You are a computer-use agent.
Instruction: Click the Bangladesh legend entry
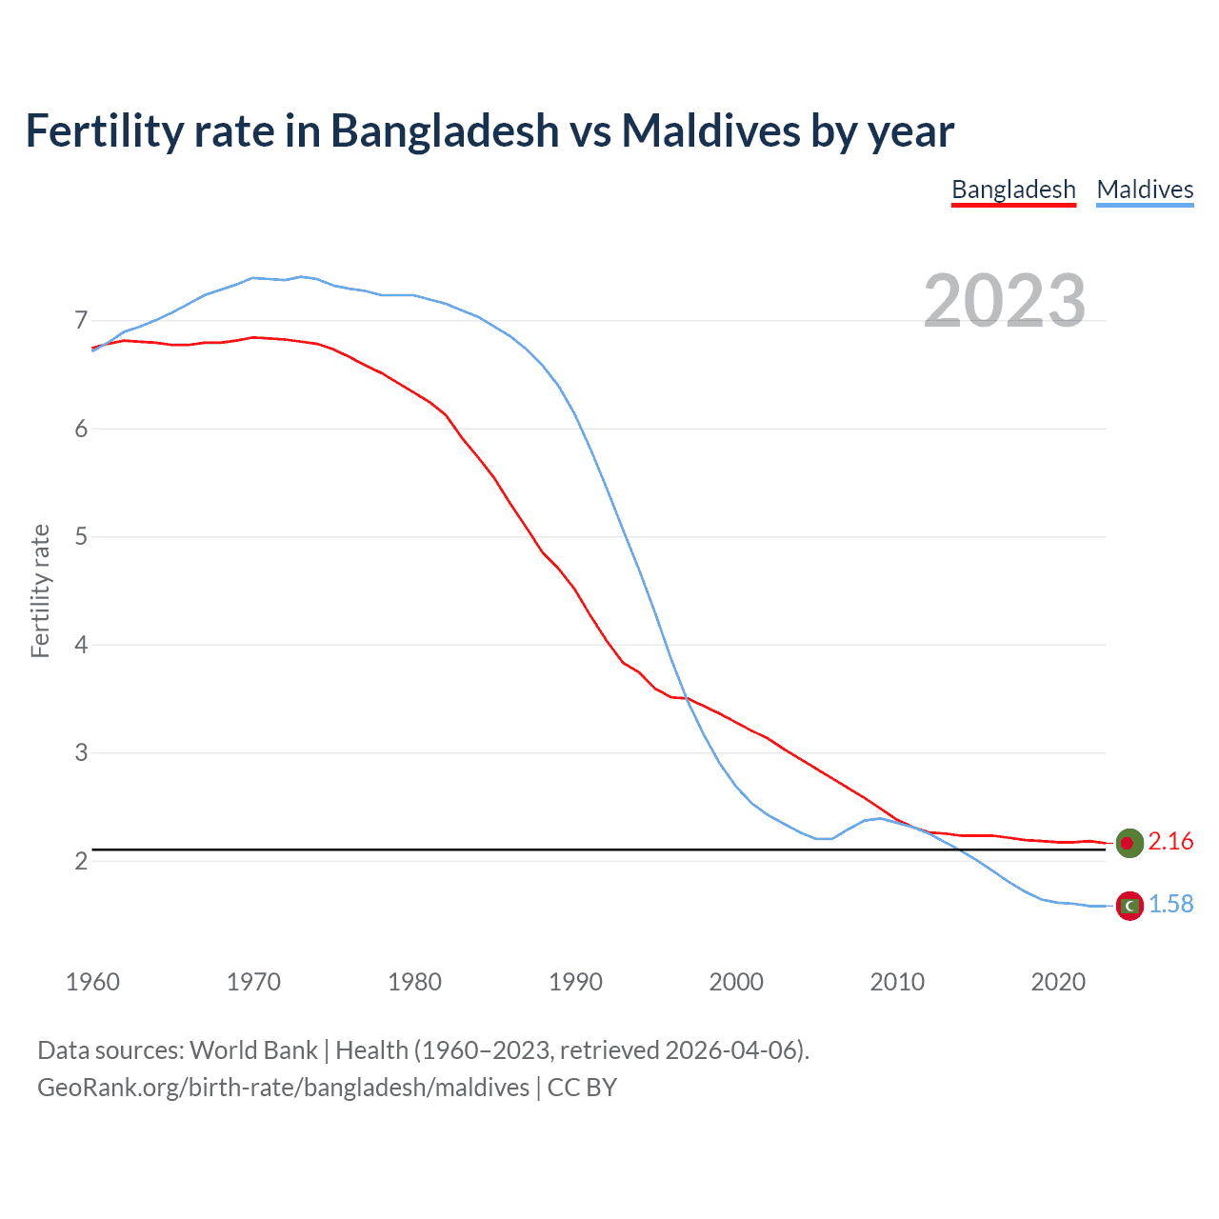(x=1013, y=190)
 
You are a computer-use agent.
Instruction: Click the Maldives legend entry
(x=1145, y=190)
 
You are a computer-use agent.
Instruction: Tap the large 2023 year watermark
(x=1005, y=301)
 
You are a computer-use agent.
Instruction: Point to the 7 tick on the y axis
(x=81, y=320)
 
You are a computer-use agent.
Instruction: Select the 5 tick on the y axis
(x=81, y=536)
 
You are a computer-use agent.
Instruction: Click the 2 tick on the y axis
(x=81, y=861)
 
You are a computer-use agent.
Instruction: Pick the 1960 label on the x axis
(x=92, y=982)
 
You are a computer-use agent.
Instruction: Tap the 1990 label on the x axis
(x=575, y=982)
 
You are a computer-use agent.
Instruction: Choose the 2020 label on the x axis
(x=1058, y=982)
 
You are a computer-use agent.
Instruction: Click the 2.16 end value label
(x=1170, y=842)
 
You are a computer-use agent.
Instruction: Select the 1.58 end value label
(x=1170, y=905)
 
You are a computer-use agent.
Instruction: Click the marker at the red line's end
(x=1129, y=843)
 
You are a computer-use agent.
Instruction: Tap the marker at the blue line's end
(x=1129, y=906)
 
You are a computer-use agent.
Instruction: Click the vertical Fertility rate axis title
(x=40, y=590)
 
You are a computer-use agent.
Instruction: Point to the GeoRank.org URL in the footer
(x=283, y=1088)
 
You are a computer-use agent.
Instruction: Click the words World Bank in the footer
(x=253, y=1050)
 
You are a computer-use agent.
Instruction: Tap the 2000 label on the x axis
(x=736, y=982)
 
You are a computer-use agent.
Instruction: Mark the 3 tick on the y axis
(x=81, y=752)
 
